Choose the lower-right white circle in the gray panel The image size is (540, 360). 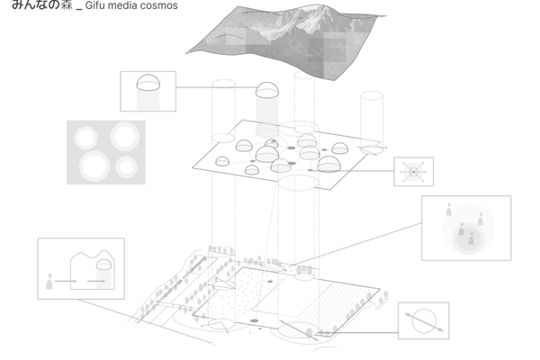point(126,166)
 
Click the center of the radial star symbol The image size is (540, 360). point(413,171)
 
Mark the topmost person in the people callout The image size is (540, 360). point(449,211)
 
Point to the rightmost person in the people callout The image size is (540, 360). point(480,220)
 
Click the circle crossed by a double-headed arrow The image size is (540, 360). point(423,321)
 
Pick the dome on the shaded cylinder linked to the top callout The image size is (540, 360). point(267,90)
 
